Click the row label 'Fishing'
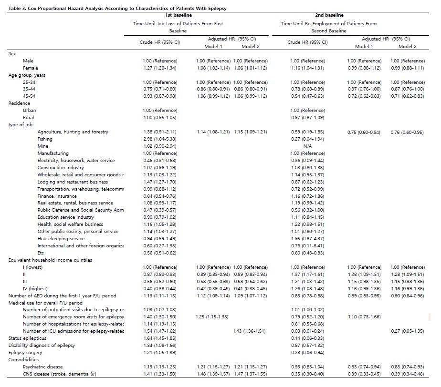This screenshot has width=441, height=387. (x=45, y=139)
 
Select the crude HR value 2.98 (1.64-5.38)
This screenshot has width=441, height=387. (x=159, y=139)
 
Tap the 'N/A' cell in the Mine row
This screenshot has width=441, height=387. (x=307, y=146)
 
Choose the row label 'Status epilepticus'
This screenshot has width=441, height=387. (x=29, y=338)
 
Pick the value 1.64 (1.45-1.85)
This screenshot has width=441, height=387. (x=159, y=338)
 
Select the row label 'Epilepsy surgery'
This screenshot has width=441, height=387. (x=27, y=353)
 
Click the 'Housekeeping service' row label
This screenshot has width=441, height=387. (x=61, y=239)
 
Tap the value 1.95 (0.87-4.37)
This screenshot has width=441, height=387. (x=307, y=239)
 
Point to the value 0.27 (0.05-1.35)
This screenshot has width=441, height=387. (x=407, y=331)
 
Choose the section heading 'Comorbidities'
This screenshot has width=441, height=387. (x=23, y=360)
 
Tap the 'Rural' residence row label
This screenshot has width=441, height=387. (x=29, y=118)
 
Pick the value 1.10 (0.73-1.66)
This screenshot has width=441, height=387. (x=364, y=317)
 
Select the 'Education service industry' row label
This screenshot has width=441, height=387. (x=66, y=217)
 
